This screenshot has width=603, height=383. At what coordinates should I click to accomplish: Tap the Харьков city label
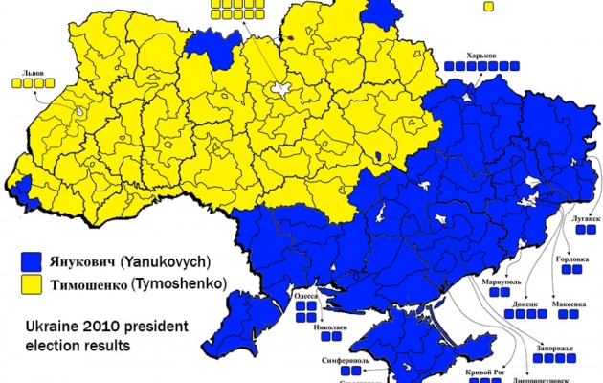click(x=481, y=54)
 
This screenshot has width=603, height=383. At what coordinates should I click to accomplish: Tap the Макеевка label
click(x=568, y=304)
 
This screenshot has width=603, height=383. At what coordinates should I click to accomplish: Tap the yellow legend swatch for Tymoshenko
click(x=34, y=283)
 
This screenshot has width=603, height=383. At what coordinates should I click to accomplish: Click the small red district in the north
click(x=289, y=40)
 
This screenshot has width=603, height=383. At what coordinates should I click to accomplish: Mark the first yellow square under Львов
click(x=16, y=83)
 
